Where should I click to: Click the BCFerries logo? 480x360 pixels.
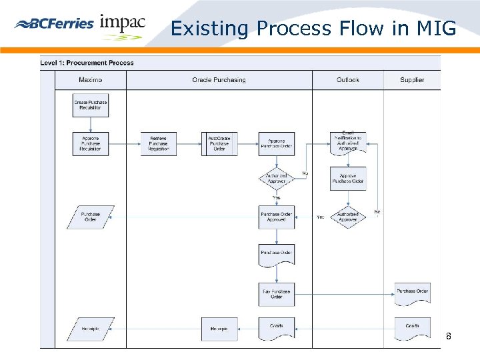point(54,24)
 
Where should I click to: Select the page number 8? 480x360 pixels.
point(449,337)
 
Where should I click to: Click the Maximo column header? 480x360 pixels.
point(90,80)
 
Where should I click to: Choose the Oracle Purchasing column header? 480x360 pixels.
point(219,80)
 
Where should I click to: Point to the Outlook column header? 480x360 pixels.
point(347,80)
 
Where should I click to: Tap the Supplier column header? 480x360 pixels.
point(412,80)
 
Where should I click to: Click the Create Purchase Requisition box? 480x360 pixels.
point(90,105)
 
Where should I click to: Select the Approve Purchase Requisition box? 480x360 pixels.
point(90,144)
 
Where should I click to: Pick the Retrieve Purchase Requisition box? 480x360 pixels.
point(159,144)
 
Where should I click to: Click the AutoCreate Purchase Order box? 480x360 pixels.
point(219,144)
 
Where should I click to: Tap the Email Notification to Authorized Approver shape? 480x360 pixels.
point(348,142)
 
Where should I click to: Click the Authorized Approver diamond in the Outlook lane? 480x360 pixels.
point(348,217)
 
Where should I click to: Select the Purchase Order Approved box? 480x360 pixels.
point(277,217)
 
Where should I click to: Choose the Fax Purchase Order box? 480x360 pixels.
point(277,294)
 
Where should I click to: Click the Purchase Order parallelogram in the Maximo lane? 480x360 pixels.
point(91,217)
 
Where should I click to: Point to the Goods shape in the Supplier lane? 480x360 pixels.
point(412,327)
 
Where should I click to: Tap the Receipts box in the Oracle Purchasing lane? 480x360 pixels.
point(219,329)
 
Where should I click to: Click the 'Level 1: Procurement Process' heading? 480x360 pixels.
point(87,63)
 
